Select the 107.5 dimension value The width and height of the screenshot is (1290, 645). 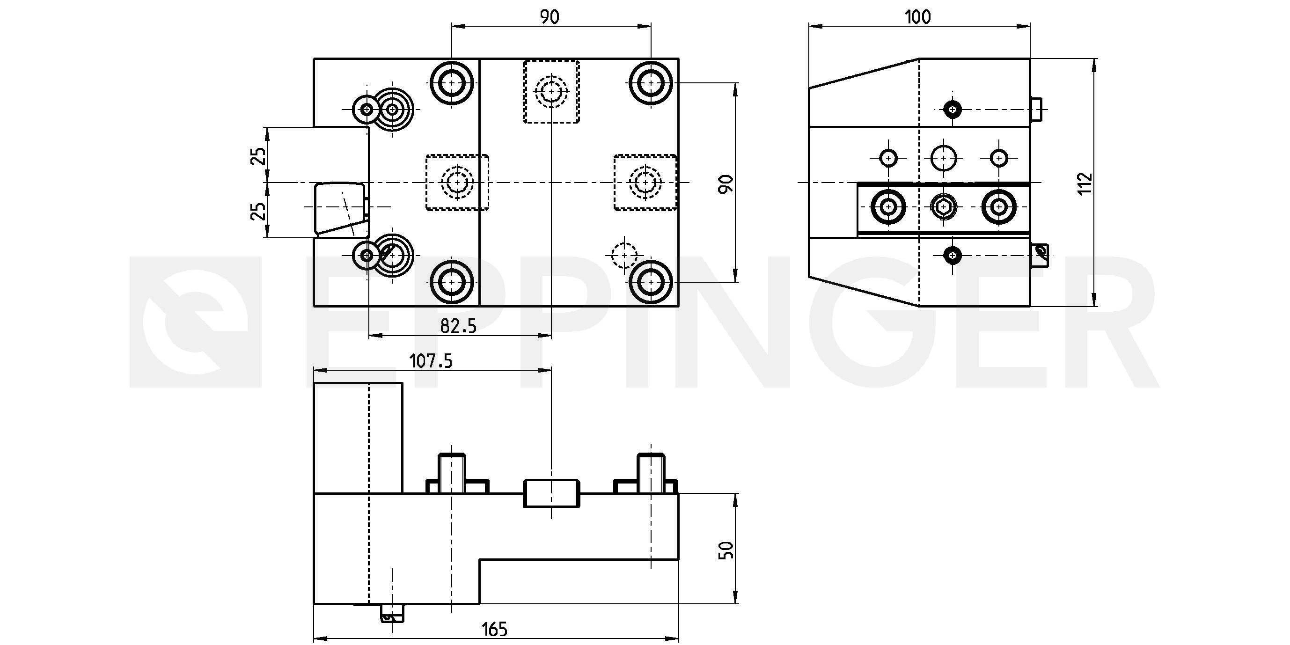pyautogui.click(x=431, y=360)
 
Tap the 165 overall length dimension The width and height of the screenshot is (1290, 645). pyautogui.click(x=494, y=629)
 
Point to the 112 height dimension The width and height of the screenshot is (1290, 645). pyautogui.click(x=1085, y=184)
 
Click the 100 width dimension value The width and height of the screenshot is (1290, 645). pyautogui.click(x=917, y=17)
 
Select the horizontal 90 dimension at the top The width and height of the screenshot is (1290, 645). pyautogui.click(x=550, y=17)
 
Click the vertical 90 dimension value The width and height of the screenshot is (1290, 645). pyautogui.click(x=726, y=184)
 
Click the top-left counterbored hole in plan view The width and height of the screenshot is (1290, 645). pyautogui.click(x=452, y=83)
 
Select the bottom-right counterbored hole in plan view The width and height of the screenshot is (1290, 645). pyautogui.click(x=651, y=282)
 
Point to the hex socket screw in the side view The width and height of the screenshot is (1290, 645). pyautogui.click(x=944, y=206)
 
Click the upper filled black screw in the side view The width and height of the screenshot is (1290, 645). pyautogui.click(x=952, y=109)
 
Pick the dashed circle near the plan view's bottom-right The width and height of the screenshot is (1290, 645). pyautogui.click(x=624, y=256)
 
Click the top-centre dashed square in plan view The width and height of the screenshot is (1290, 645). pyautogui.click(x=551, y=92)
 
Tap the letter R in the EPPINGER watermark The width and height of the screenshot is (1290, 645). pyautogui.click(x=1102, y=321)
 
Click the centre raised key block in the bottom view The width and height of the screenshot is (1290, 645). pyautogui.click(x=551, y=493)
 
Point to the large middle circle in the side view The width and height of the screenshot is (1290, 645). pyautogui.click(x=944, y=158)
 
